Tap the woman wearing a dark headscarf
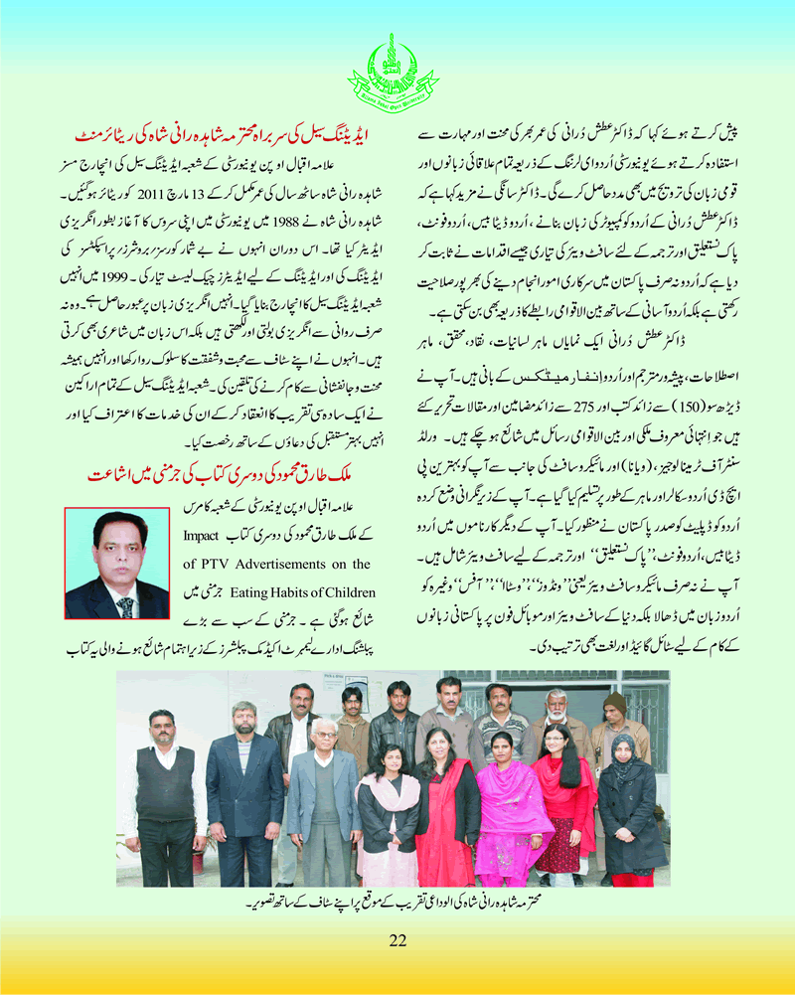tap(627, 795)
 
